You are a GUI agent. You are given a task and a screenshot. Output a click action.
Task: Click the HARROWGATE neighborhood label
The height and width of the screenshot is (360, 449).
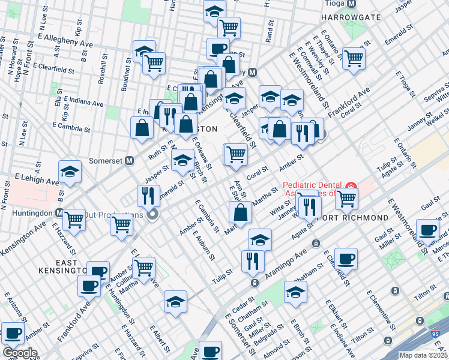(x=354, y=17)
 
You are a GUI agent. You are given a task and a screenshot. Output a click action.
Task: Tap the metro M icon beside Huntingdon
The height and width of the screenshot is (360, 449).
(x=59, y=212)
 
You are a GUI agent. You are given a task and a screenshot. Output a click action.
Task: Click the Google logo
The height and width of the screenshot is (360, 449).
(x=19, y=353)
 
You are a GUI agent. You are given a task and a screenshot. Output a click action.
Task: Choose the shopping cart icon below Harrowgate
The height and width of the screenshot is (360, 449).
(x=354, y=57)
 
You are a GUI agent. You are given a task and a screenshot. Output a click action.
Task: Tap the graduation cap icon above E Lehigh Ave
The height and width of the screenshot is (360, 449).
(x=70, y=171)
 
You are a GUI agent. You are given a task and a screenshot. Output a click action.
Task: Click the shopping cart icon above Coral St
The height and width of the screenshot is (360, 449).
(x=235, y=154)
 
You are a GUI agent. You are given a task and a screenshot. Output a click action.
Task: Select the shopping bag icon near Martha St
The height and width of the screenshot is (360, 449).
(x=240, y=212)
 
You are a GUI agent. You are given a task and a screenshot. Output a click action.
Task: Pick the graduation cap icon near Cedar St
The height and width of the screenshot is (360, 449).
(x=295, y=292)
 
